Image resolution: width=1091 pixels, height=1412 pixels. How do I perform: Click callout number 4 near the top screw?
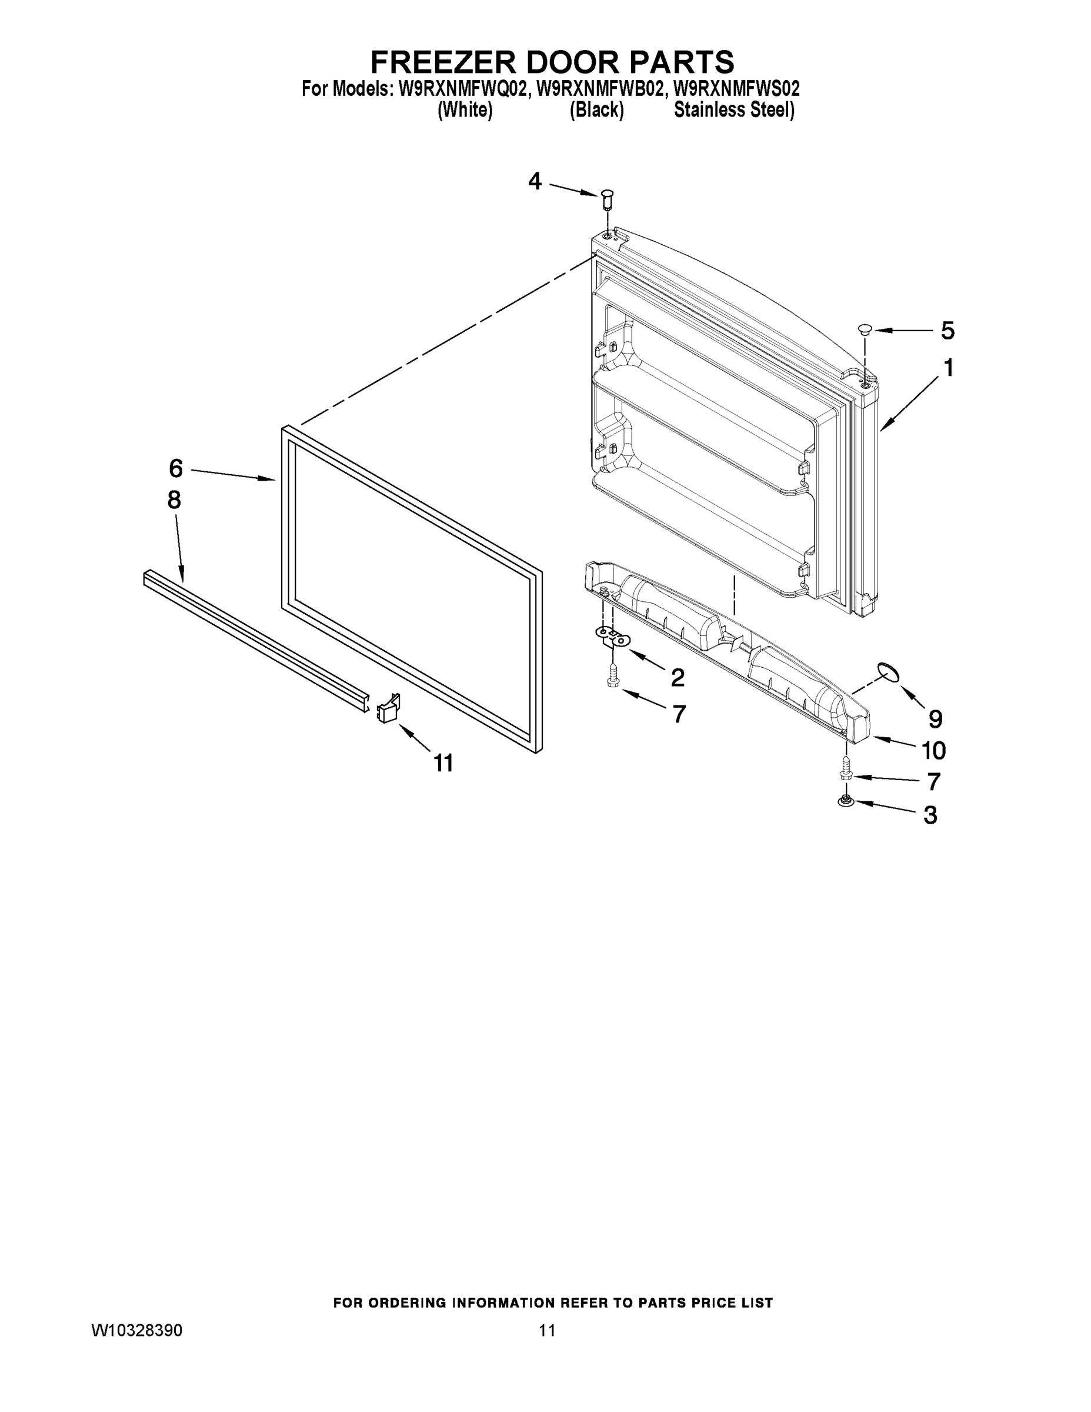coord(535,182)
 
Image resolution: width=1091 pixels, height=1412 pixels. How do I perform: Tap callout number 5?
coord(947,331)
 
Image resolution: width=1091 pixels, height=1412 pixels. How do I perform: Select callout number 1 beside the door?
coord(948,368)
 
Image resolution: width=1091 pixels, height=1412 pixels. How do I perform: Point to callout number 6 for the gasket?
coord(176,468)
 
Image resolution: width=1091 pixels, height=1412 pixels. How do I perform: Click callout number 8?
coord(174,499)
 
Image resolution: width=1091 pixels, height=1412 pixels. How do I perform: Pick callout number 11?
coord(443,764)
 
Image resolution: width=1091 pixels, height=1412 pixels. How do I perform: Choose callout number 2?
coord(678,678)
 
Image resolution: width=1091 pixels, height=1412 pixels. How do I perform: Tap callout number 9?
coord(935,718)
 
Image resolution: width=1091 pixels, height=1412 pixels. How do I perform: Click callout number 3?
coord(930,815)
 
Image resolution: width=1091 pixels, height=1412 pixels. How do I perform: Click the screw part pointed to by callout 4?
coord(607,199)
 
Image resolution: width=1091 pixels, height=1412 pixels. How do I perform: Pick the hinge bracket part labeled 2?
coord(612,637)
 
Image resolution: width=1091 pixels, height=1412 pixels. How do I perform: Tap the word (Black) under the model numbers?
coord(596,111)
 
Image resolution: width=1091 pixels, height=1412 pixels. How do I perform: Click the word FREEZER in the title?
coord(442,62)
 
